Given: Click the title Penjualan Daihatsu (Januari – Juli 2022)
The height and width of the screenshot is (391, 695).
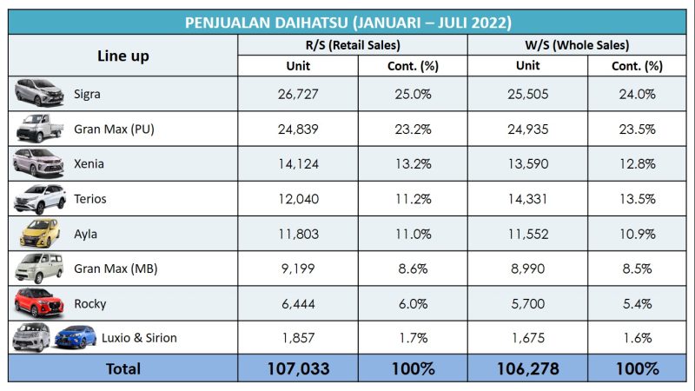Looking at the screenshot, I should click(x=347, y=22).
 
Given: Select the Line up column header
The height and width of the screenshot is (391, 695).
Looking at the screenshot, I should click(x=122, y=56).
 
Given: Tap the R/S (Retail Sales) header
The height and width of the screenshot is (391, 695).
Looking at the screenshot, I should click(x=352, y=45).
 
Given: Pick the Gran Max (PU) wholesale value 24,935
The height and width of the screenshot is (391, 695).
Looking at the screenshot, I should click(x=527, y=129).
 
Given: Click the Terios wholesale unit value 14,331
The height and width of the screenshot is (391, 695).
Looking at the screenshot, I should click(x=527, y=198).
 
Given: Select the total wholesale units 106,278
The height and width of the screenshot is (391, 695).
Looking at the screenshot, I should click(x=527, y=368).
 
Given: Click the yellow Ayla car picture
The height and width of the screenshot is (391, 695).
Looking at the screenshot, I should click(x=40, y=233).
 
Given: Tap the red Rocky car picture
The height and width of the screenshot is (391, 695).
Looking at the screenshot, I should click(x=40, y=302).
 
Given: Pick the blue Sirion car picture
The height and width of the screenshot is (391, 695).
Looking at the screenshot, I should click(x=76, y=337).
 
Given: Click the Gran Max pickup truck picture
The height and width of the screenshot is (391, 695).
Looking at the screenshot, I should click(x=40, y=129).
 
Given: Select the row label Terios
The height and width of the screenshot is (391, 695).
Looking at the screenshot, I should click(x=90, y=198).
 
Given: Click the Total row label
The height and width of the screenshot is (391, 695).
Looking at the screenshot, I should click(x=122, y=368).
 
